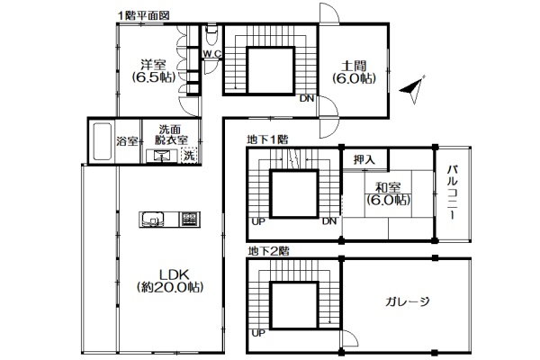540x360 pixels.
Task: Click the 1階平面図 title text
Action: tap(143, 15)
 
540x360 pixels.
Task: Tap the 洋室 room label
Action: tap(153, 65)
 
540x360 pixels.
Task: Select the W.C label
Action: tap(212, 54)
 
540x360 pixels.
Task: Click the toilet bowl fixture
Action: tap(211, 34)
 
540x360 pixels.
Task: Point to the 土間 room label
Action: tap(354, 66)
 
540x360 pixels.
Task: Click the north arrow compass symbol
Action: tap(412, 89)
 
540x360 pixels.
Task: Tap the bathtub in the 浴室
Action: tap(102, 141)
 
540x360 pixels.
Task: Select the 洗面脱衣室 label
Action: tap(171, 134)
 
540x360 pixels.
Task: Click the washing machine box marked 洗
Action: tap(189, 155)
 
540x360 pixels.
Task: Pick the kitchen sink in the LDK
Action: tap(153, 219)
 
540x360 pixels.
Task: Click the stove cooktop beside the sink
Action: tap(189, 219)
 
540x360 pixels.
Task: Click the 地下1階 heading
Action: tap(267, 139)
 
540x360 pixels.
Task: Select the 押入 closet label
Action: tap(364, 159)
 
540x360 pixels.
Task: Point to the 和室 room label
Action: tap(388, 188)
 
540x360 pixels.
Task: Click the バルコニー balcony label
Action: tap(453, 193)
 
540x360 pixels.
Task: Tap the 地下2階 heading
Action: tap(268, 251)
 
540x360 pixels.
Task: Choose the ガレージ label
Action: tap(408, 302)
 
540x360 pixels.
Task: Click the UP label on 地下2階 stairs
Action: tap(258, 333)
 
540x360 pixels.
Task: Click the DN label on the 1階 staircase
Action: tap(307, 98)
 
